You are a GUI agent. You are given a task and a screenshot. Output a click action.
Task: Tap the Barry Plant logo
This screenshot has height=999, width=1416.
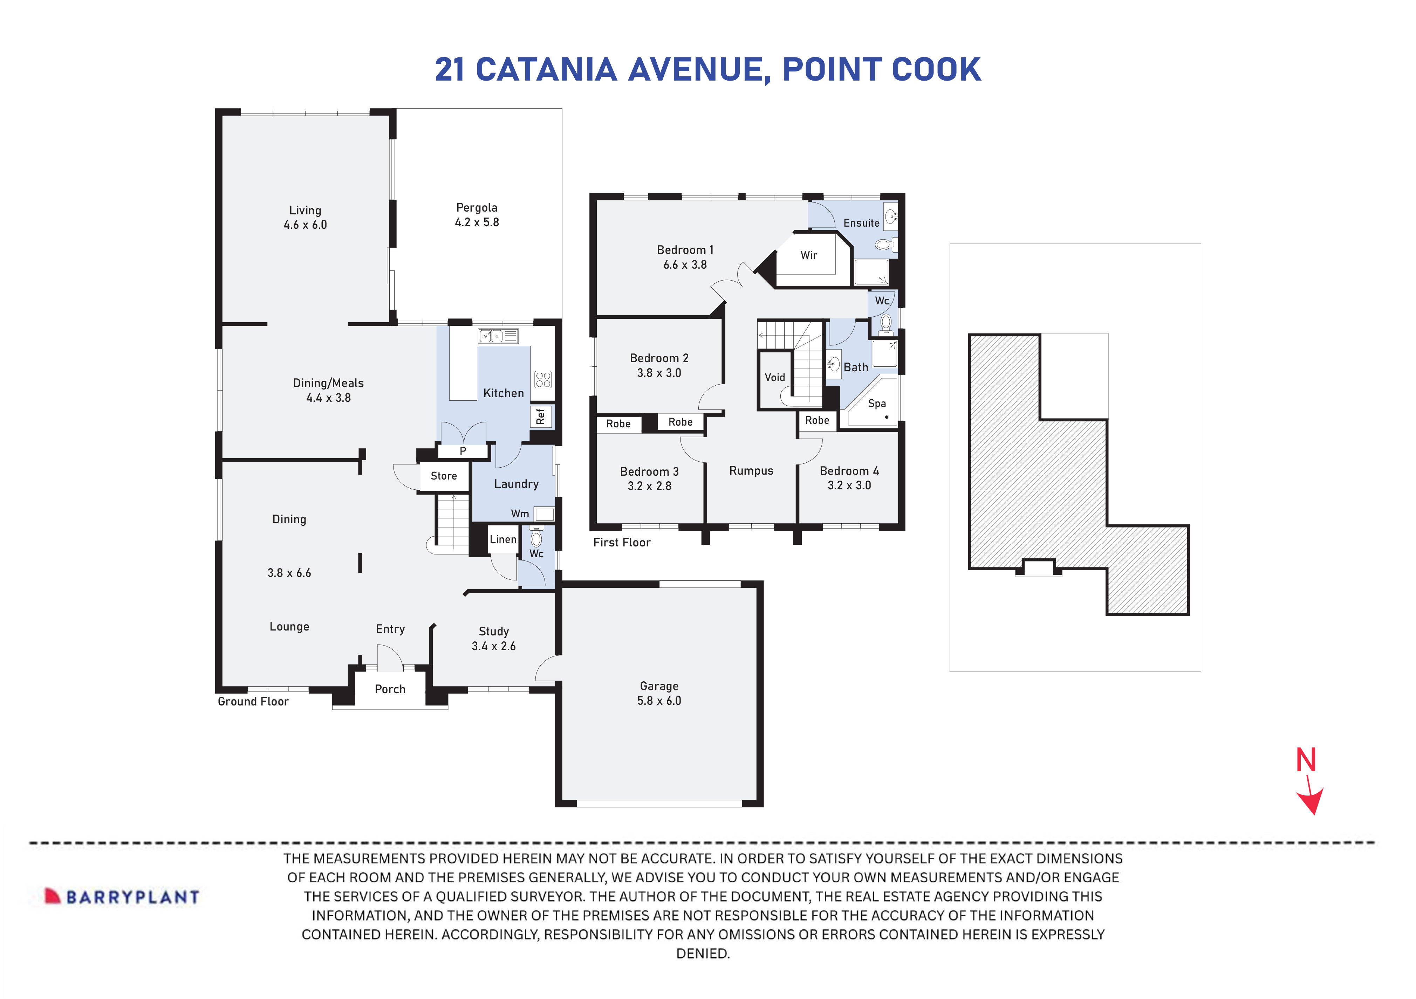click(x=122, y=897)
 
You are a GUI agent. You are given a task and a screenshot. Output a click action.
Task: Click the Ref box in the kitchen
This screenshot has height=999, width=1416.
click(x=541, y=417)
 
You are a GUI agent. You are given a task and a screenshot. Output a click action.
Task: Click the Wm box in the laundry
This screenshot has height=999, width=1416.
click(x=543, y=514)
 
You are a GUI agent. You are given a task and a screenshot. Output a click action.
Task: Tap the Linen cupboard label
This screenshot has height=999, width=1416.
click(x=502, y=539)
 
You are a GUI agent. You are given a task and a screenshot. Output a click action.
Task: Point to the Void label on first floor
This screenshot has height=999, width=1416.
click(x=775, y=377)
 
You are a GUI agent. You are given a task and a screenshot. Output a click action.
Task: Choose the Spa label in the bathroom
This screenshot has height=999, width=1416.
click(x=876, y=403)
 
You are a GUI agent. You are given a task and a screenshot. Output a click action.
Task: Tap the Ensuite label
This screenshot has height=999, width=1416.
click(x=861, y=223)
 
